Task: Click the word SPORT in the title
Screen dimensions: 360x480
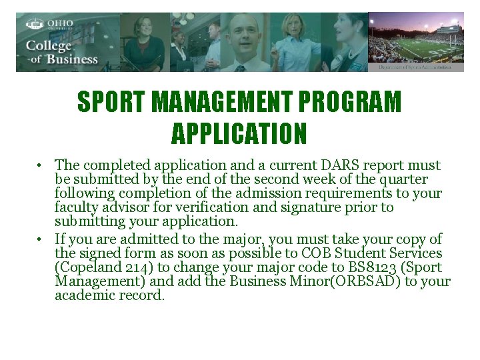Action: [x=111, y=103]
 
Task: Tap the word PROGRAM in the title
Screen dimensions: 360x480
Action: [x=361, y=103]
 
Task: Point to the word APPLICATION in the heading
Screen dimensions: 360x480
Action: [x=239, y=133]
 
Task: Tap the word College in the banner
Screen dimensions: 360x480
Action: [x=48, y=46]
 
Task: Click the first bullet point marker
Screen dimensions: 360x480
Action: [x=41, y=165]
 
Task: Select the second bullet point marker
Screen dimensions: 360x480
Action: [x=41, y=239]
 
